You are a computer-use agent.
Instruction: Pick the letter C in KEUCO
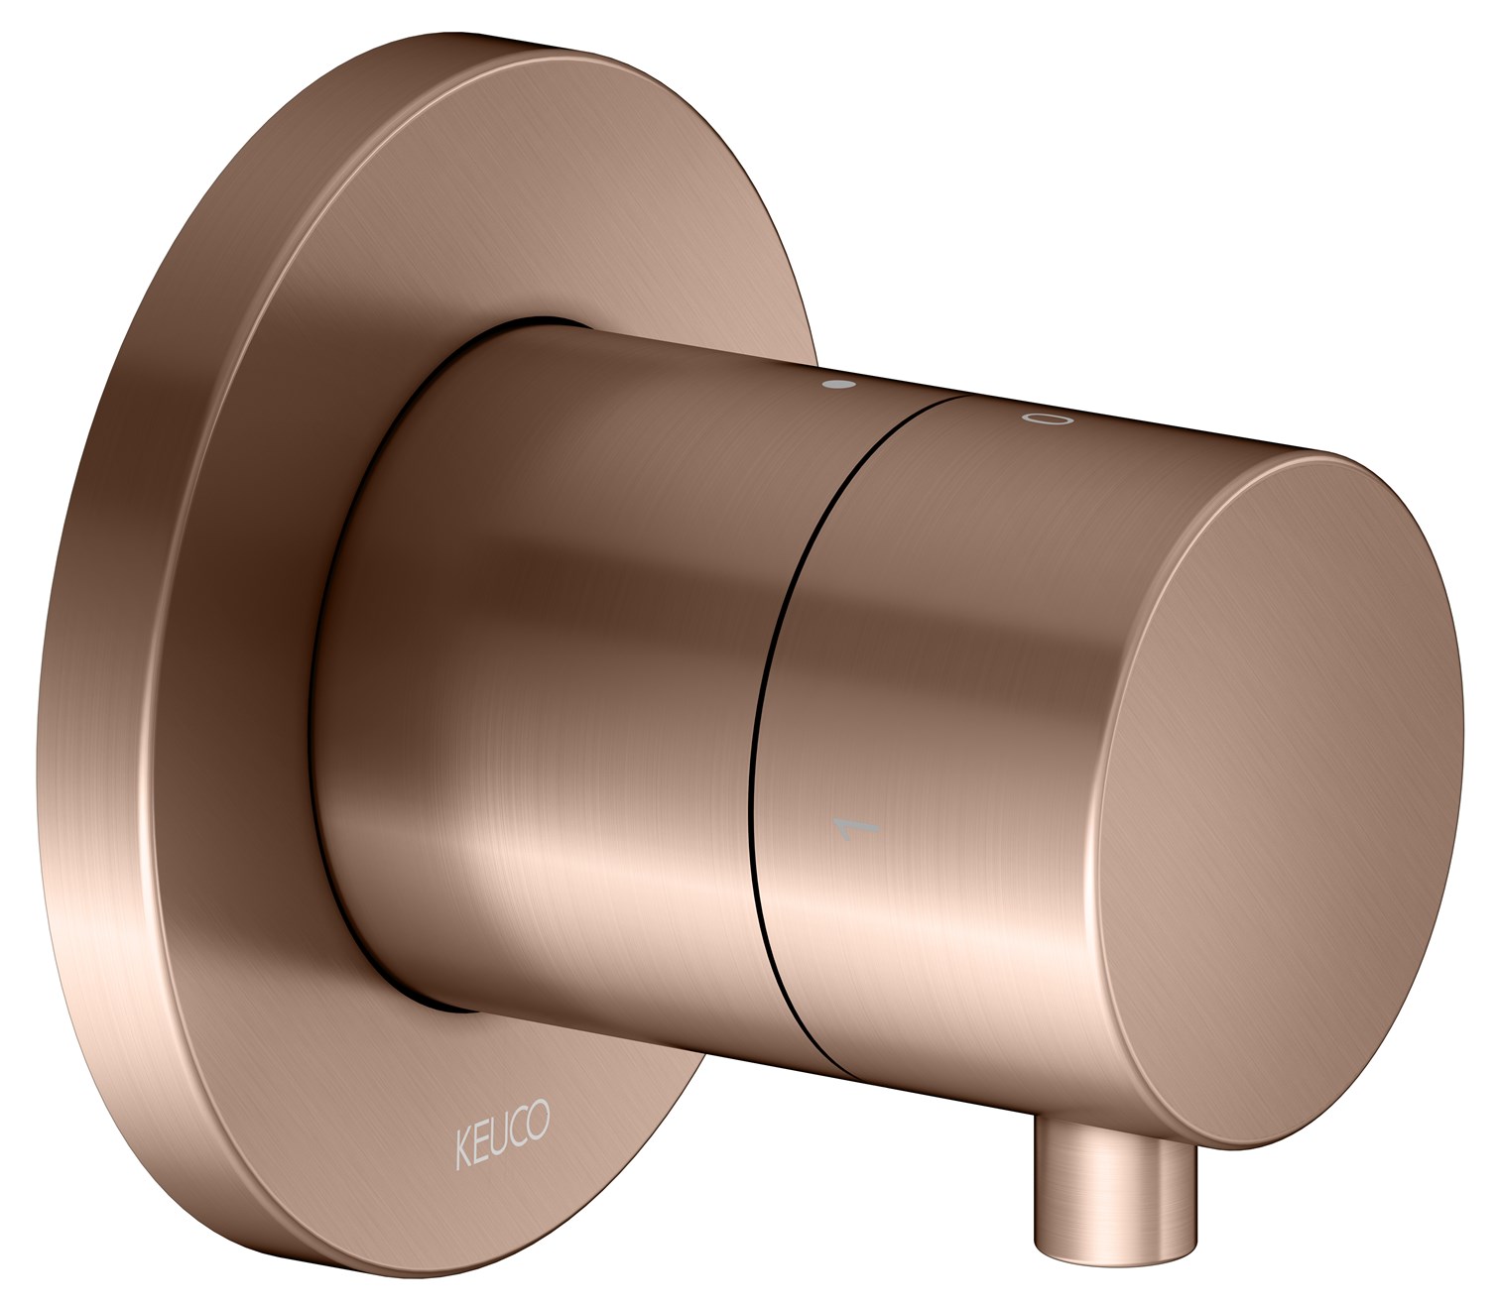point(520,1132)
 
